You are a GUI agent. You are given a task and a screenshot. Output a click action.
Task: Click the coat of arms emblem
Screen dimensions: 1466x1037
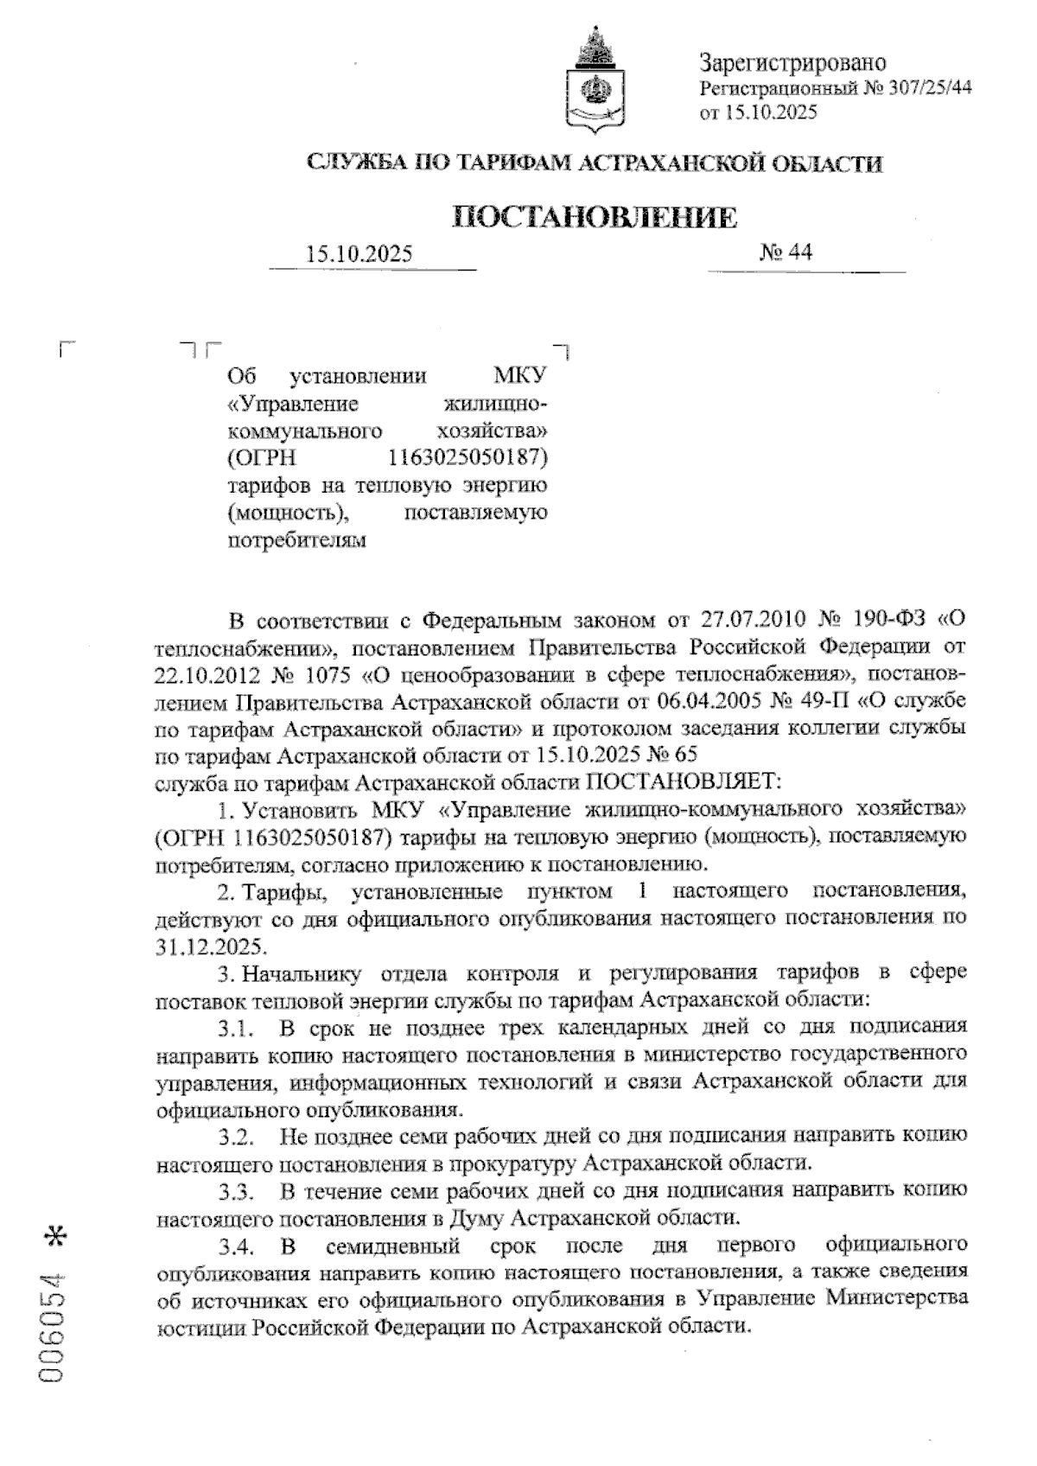pos(595,82)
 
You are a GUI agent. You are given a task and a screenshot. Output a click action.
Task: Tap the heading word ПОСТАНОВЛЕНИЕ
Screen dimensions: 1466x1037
pos(595,218)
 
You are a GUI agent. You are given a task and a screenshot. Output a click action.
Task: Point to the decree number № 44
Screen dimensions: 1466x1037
pos(786,252)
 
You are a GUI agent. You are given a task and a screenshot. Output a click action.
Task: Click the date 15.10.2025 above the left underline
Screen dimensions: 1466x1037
pos(359,254)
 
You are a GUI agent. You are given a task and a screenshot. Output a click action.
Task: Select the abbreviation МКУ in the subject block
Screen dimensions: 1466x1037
pos(520,378)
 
